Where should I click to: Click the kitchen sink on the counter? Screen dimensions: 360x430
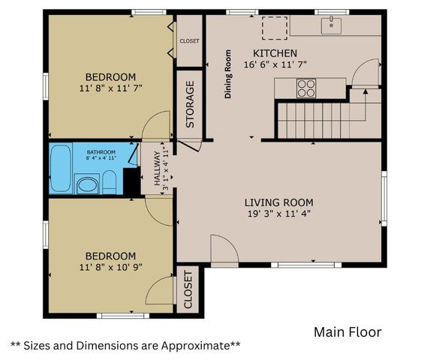click(329, 26)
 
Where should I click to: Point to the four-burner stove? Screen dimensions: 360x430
click(307, 88)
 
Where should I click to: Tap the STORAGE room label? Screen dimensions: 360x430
click(190, 103)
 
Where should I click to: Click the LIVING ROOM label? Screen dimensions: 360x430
click(278, 202)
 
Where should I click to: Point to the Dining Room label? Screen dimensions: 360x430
click(228, 74)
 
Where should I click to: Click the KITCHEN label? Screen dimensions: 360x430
click(275, 53)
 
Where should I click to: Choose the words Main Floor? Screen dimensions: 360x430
click(347, 331)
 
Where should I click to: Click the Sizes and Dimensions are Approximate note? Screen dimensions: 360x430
click(125, 345)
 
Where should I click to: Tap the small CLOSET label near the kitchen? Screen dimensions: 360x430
click(189, 40)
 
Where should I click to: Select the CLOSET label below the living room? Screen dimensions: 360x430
click(188, 289)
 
